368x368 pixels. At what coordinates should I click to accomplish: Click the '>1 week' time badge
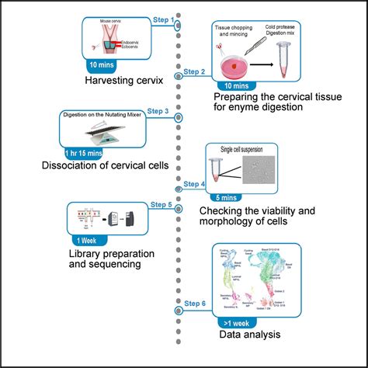(231, 319)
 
